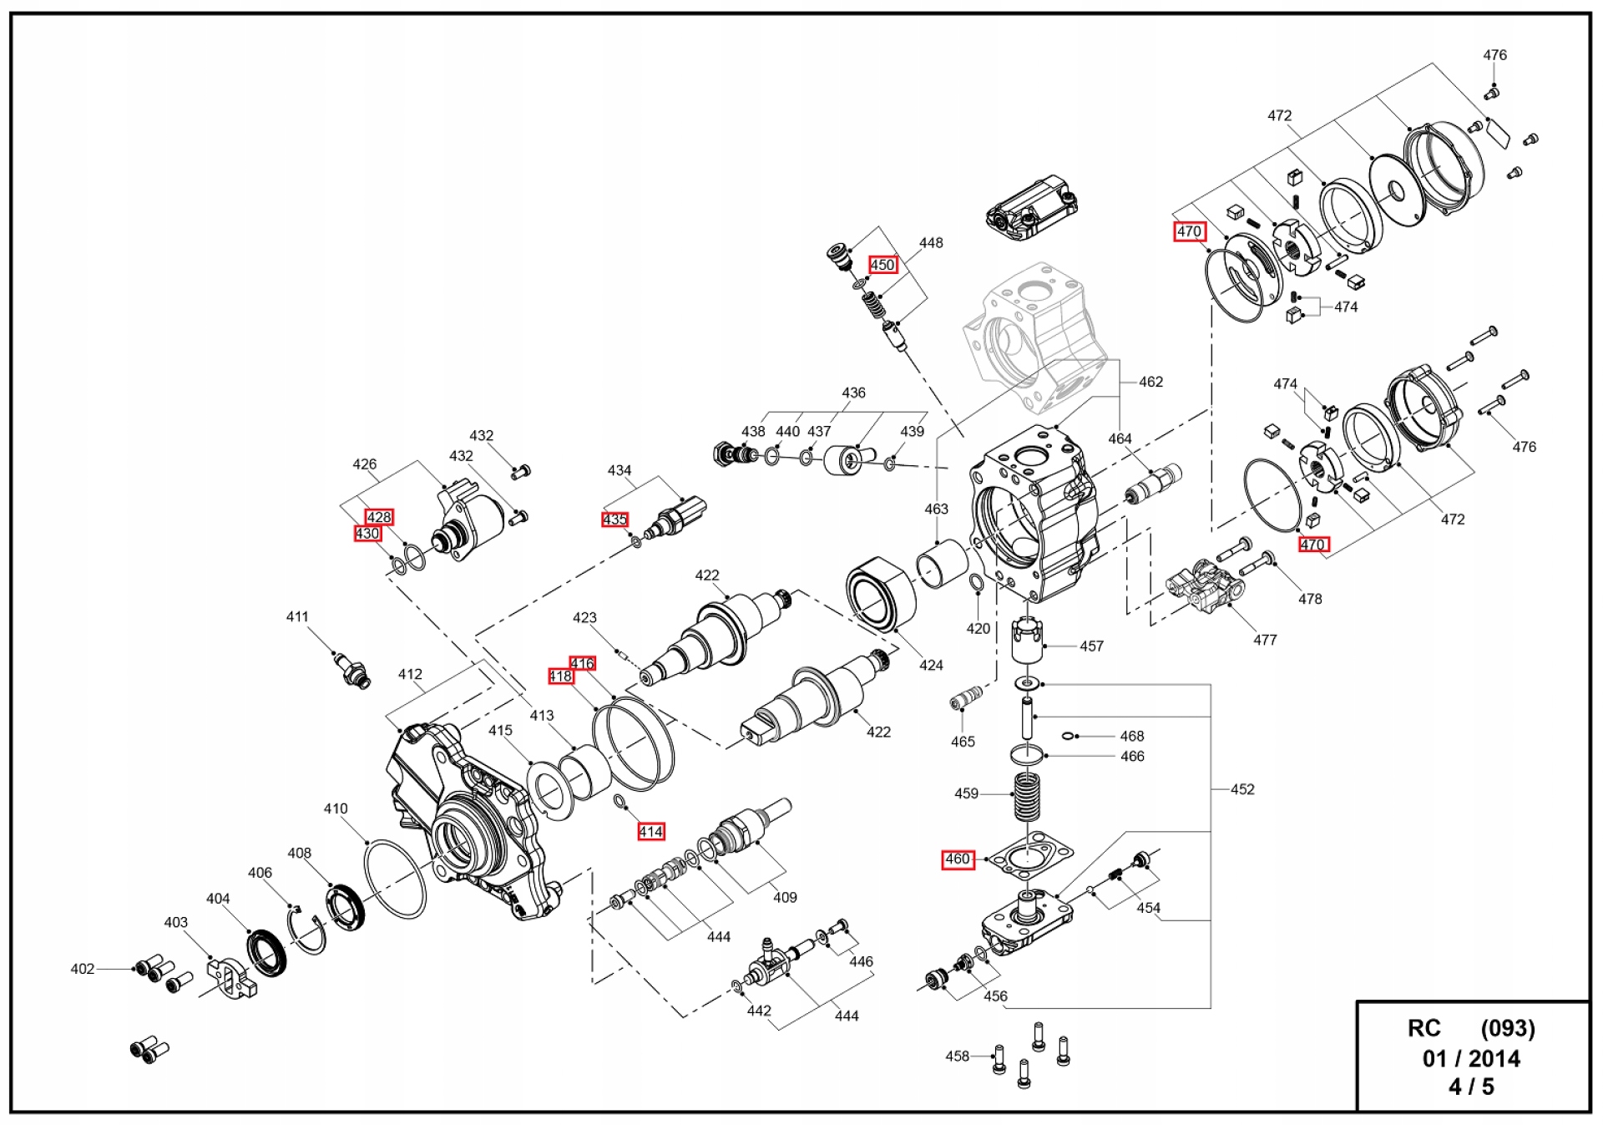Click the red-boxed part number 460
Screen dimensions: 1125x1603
958,859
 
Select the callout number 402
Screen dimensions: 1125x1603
82,969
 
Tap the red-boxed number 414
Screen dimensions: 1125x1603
650,831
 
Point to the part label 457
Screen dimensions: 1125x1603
1091,646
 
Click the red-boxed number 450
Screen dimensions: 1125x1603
882,265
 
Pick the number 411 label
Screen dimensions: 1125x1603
297,616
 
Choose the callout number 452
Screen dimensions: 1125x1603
1242,789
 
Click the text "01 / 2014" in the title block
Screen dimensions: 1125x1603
1471,1058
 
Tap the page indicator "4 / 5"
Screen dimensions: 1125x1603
1471,1087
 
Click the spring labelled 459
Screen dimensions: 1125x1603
1028,795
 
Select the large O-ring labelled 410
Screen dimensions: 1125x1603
396,879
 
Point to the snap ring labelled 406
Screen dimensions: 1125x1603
306,933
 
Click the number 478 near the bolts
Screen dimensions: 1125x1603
1310,599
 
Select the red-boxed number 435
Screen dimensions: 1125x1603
614,519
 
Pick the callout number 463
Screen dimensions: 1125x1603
936,509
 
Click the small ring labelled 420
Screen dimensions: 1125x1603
976,582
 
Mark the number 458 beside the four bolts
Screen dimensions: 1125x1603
957,1056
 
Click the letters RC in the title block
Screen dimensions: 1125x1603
1424,1028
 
